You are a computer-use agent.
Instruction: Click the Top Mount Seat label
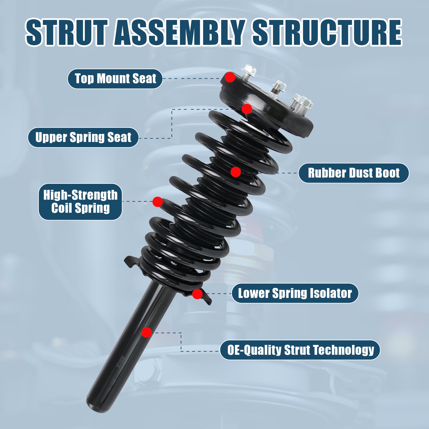click(115, 79)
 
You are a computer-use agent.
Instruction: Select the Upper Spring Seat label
click(83, 137)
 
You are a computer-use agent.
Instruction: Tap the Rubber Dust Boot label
click(353, 173)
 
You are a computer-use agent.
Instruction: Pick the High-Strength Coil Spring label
click(80, 202)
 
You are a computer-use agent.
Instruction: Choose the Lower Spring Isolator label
click(295, 293)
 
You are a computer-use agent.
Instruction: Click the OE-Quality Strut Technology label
click(300, 350)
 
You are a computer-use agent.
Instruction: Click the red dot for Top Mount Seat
click(230, 77)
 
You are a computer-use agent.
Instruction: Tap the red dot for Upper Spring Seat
click(247, 109)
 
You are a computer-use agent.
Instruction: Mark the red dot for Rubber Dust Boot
click(236, 172)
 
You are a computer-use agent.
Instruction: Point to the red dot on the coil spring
click(158, 202)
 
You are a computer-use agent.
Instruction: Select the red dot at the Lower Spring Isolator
click(197, 294)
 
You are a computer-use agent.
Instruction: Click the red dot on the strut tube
click(146, 333)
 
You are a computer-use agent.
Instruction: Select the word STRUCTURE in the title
click(327, 33)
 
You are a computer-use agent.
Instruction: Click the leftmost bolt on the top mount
click(249, 72)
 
